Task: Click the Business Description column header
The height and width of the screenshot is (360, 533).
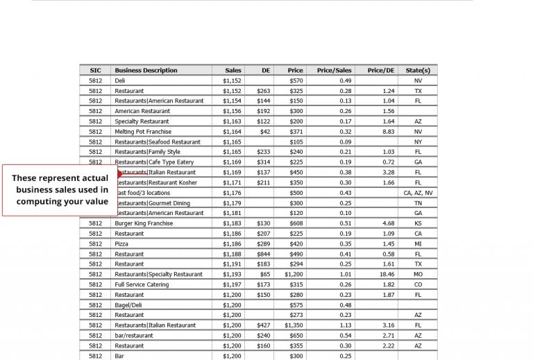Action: coord(146,70)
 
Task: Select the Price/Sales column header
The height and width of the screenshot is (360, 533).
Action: coord(334,70)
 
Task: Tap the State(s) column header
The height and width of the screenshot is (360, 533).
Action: coord(418,70)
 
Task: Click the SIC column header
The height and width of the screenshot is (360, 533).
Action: coord(95,70)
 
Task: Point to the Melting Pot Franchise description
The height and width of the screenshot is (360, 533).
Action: coord(143,131)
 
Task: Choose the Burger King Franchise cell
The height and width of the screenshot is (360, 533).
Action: coord(144,223)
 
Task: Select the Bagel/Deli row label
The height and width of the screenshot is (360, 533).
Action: coord(130,305)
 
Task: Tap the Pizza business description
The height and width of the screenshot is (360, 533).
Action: coord(121,244)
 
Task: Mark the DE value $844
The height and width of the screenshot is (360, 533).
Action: coord(263,254)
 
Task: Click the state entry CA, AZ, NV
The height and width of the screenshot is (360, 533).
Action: coord(418,193)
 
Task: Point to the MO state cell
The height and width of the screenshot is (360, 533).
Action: coord(418,275)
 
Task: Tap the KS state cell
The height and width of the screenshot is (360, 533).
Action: coord(418,223)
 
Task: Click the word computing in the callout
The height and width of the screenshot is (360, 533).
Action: coord(41,201)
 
